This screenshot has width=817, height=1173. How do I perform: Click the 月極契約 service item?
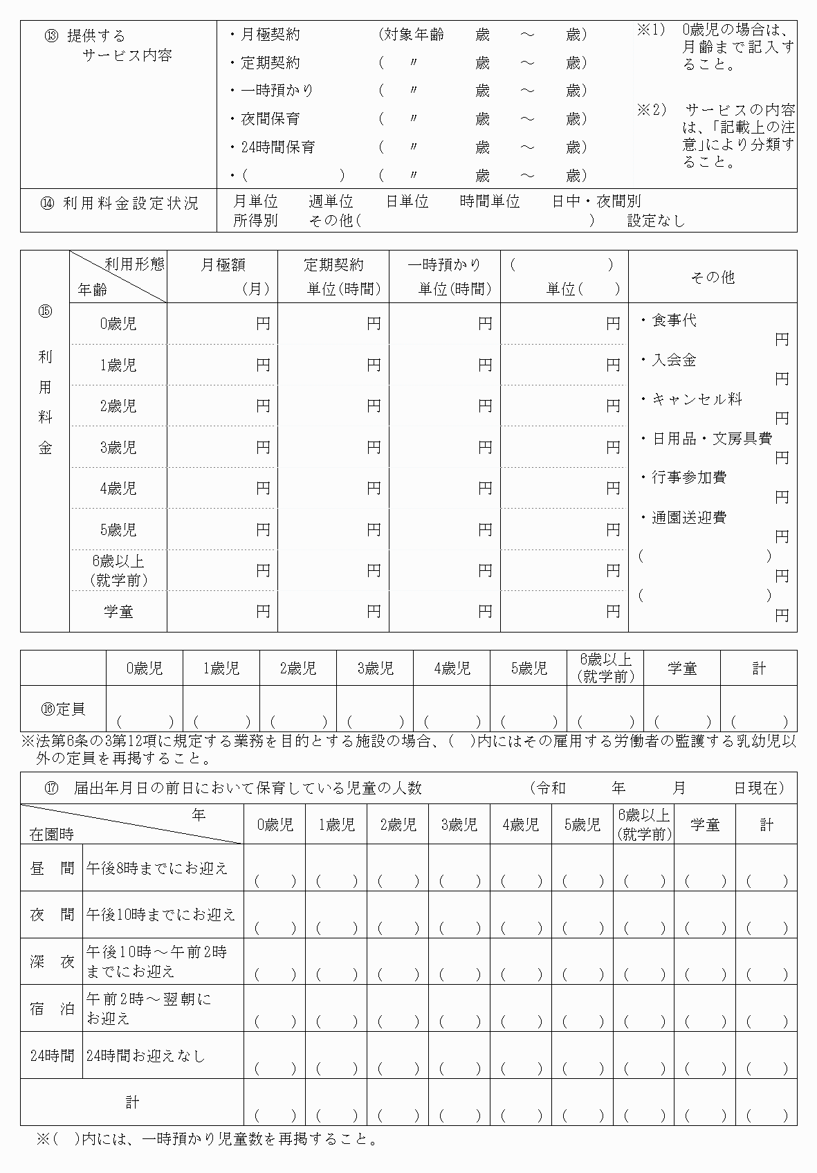[270, 35]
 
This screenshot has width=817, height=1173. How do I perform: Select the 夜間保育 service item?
[270, 119]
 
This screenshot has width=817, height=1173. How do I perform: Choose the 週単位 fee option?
[331, 201]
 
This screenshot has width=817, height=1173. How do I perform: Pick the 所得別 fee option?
[255, 220]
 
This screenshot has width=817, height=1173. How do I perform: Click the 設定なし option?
[656, 220]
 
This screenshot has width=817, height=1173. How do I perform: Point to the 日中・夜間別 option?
[596, 201]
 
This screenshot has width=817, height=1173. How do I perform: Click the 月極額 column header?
[223, 264]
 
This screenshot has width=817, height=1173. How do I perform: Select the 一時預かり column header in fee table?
[444, 264]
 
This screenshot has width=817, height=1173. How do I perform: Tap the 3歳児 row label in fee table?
[118, 447]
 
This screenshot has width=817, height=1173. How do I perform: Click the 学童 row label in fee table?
[118, 612]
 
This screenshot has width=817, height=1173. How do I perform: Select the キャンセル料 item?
[696, 399]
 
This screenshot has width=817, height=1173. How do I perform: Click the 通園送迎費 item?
[688, 517]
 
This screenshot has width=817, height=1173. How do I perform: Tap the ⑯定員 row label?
[63, 709]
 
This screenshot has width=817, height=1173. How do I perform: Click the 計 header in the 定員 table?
[759, 668]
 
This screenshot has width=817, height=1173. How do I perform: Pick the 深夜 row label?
[52, 961]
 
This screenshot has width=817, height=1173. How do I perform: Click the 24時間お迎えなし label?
[146, 1055]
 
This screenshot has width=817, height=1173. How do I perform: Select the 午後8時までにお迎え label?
[157, 868]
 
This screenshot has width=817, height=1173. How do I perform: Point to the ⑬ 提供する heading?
[85, 36]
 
